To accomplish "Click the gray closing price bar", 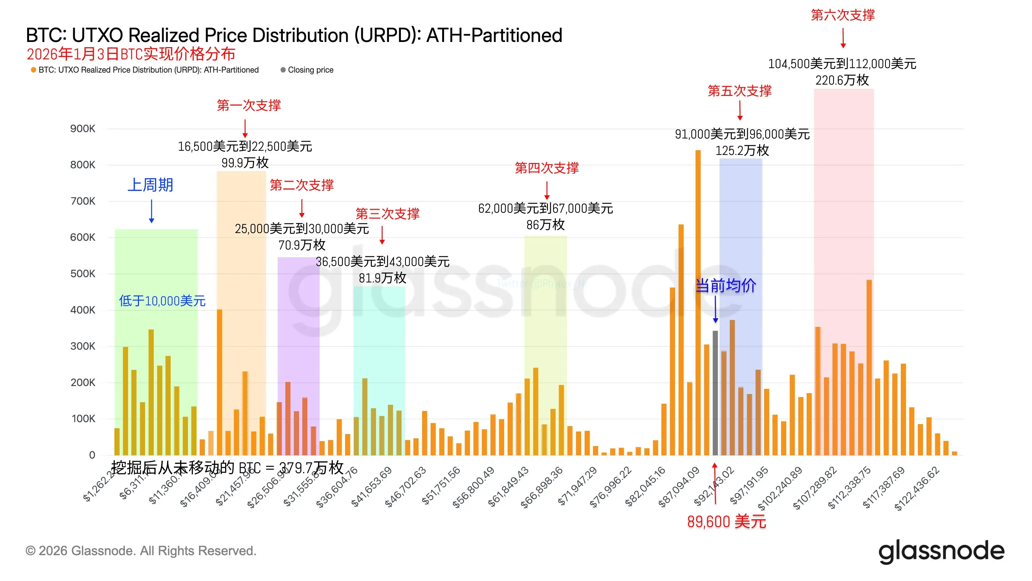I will pyautogui.click(x=715, y=393).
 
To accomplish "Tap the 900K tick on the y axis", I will pyautogui.click(x=83, y=129).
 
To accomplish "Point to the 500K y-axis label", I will pyautogui.click(x=83, y=274).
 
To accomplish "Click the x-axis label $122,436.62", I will pyautogui.click(x=917, y=488).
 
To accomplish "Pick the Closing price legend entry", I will pyautogui.click(x=310, y=70).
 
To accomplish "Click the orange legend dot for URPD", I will pyautogui.click(x=34, y=70).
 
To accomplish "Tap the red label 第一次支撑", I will pyautogui.click(x=249, y=106).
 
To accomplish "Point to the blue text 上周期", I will pyautogui.click(x=150, y=185).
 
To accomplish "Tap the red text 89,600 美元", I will pyautogui.click(x=726, y=522).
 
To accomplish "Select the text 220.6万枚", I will pyautogui.click(x=842, y=80).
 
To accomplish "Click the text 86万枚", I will pyautogui.click(x=545, y=225).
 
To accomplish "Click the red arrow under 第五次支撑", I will pyautogui.click(x=740, y=110).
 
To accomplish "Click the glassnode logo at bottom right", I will pyautogui.click(x=941, y=552).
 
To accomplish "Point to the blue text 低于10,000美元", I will pyautogui.click(x=162, y=301).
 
